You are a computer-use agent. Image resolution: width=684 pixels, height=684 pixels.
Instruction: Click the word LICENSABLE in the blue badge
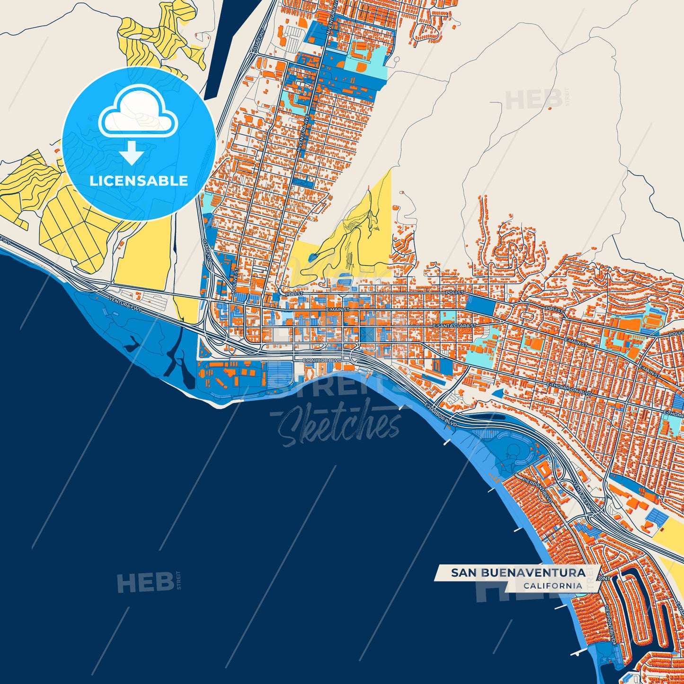tap(139, 181)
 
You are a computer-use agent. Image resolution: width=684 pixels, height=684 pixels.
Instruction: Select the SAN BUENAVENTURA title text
tap(518, 573)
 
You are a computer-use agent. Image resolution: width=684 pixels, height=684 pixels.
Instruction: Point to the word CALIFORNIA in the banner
tap(552, 586)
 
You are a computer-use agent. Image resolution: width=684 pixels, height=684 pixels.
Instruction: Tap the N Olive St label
tap(234, 282)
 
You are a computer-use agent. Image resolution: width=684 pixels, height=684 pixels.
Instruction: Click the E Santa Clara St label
tap(454, 327)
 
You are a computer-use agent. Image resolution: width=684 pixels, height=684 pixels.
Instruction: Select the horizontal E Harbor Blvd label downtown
tap(322, 361)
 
